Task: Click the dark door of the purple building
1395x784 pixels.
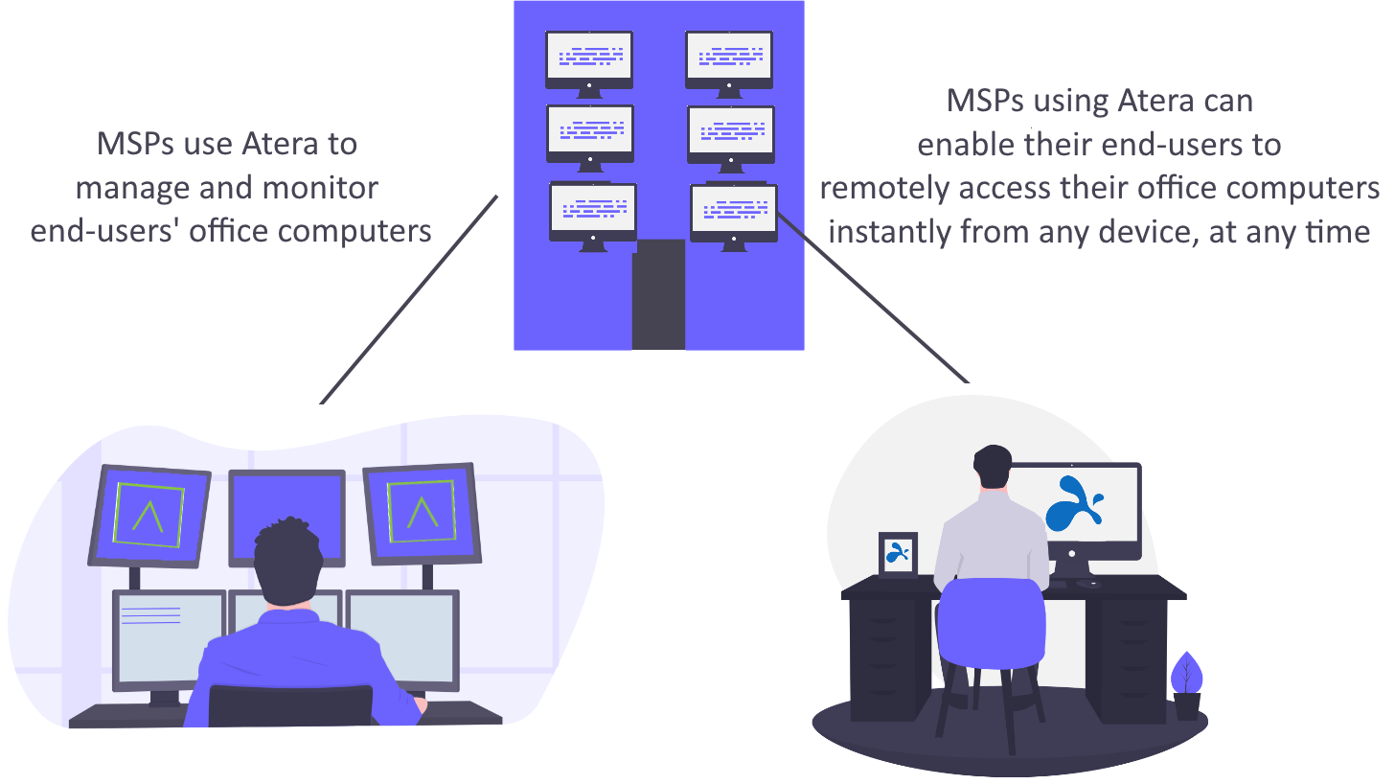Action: pos(658,293)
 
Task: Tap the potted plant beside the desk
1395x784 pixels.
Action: pos(1187,684)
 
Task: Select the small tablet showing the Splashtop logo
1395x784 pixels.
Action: pos(898,555)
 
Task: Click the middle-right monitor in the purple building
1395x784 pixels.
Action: pos(730,133)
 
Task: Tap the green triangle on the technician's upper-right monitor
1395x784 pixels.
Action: pos(419,514)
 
